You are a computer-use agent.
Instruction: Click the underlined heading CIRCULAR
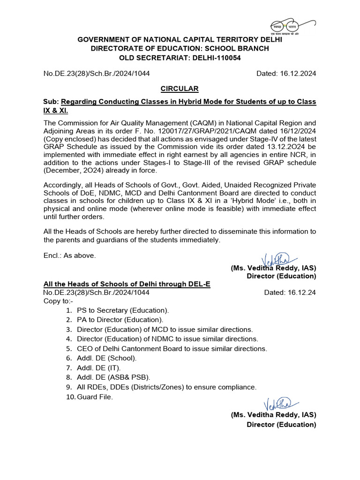coord(180,89)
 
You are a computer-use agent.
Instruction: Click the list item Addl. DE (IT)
coord(99,368)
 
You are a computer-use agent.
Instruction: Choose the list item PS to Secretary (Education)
coord(123,310)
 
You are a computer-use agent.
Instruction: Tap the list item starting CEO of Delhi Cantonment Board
coord(172,349)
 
